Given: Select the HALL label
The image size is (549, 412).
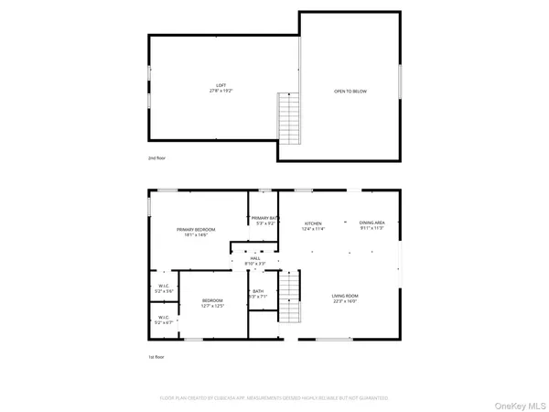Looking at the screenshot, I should pyautogui.click(x=254, y=259).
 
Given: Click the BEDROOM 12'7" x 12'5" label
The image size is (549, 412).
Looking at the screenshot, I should pyautogui.click(x=212, y=301).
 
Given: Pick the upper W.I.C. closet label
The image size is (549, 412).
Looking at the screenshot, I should pyautogui.click(x=165, y=287).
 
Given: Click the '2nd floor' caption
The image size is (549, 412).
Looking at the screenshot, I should pyautogui.click(x=158, y=157).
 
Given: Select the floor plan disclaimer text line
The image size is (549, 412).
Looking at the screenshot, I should pyautogui.click(x=274, y=398).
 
